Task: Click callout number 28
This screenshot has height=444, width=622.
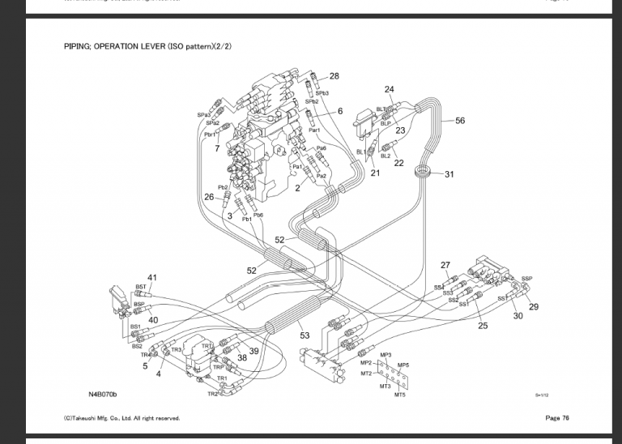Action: [334, 76]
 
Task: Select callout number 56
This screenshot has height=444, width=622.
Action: [460, 121]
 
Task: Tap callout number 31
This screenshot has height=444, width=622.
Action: [449, 174]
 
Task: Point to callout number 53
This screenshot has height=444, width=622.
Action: [305, 335]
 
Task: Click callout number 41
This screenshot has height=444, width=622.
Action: [152, 278]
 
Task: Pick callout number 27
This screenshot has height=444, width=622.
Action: [445, 265]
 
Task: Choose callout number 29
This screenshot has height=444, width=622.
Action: [534, 307]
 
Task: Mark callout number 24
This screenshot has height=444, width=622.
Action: [390, 89]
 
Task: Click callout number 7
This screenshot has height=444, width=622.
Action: [217, 149]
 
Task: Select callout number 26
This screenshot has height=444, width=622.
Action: [209, 197]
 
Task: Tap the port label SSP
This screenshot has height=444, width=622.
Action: [527, 279]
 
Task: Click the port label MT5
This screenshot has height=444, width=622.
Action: [400, 395]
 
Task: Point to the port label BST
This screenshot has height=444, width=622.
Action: [141, 287]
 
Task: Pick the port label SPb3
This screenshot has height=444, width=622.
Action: [322, 93]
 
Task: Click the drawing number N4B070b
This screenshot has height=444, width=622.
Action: [103, 395]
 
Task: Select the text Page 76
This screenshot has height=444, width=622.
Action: [557, 418]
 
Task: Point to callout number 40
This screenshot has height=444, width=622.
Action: [153, 320]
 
